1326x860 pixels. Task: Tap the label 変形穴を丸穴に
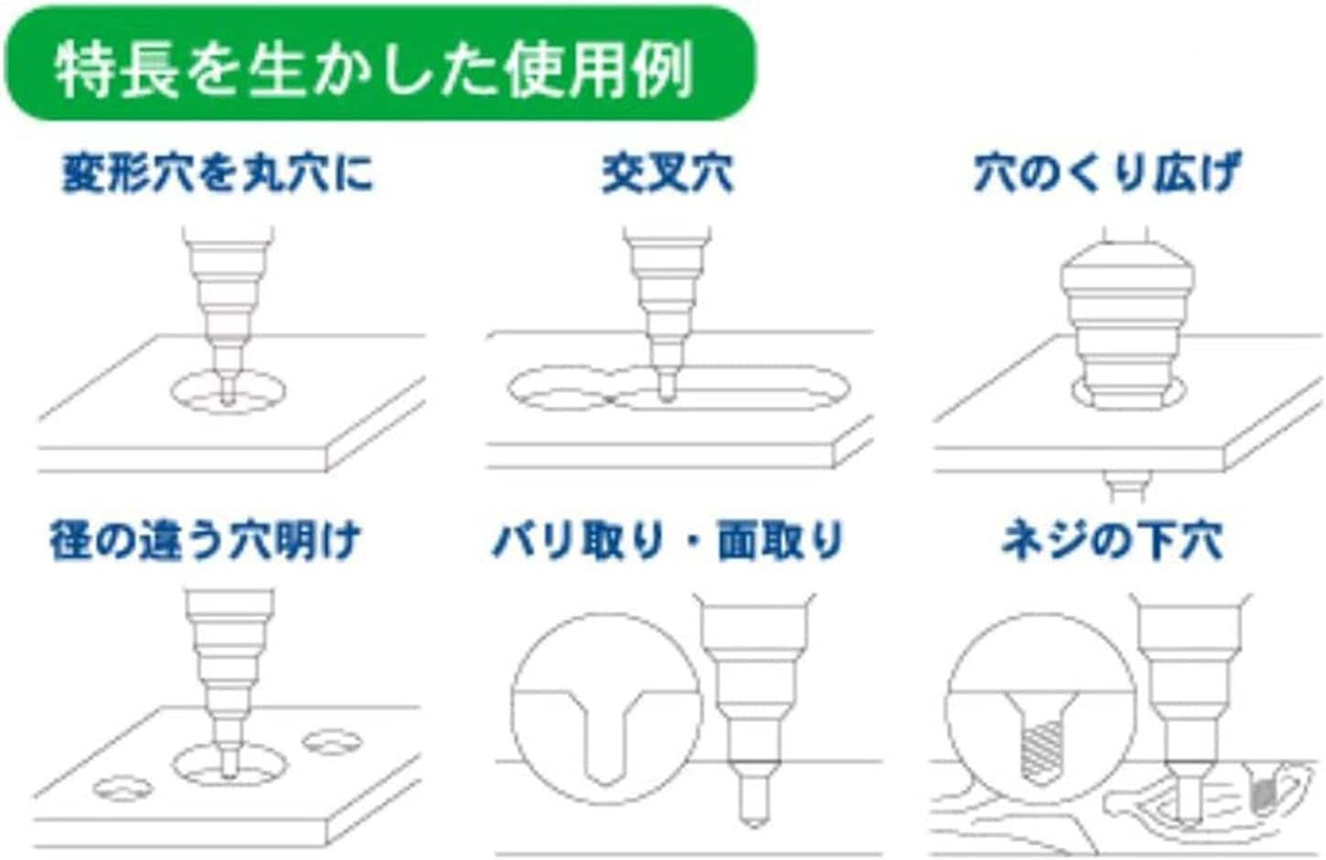(x=218, y=173)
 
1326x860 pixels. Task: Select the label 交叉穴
(x=668, y=173)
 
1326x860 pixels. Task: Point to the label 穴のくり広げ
(x=1107, y=173)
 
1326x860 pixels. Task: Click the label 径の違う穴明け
(x=205, y=540)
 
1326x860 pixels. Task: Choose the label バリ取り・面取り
(x=668, y=540)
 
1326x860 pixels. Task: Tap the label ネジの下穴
(x=1112, y=540)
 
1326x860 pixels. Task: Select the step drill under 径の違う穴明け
(x=229, y=682)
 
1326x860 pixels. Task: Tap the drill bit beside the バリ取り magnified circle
(x=755, y=710)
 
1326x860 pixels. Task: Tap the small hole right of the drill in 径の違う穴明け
(x=332, y=742)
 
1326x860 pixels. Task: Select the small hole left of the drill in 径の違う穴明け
(x=123, y=789)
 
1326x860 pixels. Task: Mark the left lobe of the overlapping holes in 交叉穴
(x=560, y=389)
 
